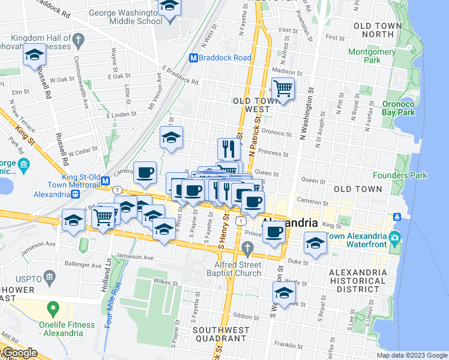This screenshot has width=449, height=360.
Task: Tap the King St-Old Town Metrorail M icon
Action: tap(105, 181)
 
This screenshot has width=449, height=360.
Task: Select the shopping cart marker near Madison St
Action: tap(283, 89)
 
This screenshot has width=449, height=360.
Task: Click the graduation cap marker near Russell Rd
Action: tap(35, 56)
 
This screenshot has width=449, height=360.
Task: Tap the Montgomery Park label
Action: tap(372, 56)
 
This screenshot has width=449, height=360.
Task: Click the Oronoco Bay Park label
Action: tap(399, 107)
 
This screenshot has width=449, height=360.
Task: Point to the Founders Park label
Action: tap(399, 176)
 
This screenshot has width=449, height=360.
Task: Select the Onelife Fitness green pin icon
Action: tap(53, 310)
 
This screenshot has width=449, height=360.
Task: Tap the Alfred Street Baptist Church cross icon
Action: tap(247, 248)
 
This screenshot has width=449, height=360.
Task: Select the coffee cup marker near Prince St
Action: tap(274, 232)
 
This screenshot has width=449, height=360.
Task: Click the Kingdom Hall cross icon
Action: tap(77, 41)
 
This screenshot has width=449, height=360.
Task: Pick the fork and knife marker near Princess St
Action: tap(229, 148)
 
